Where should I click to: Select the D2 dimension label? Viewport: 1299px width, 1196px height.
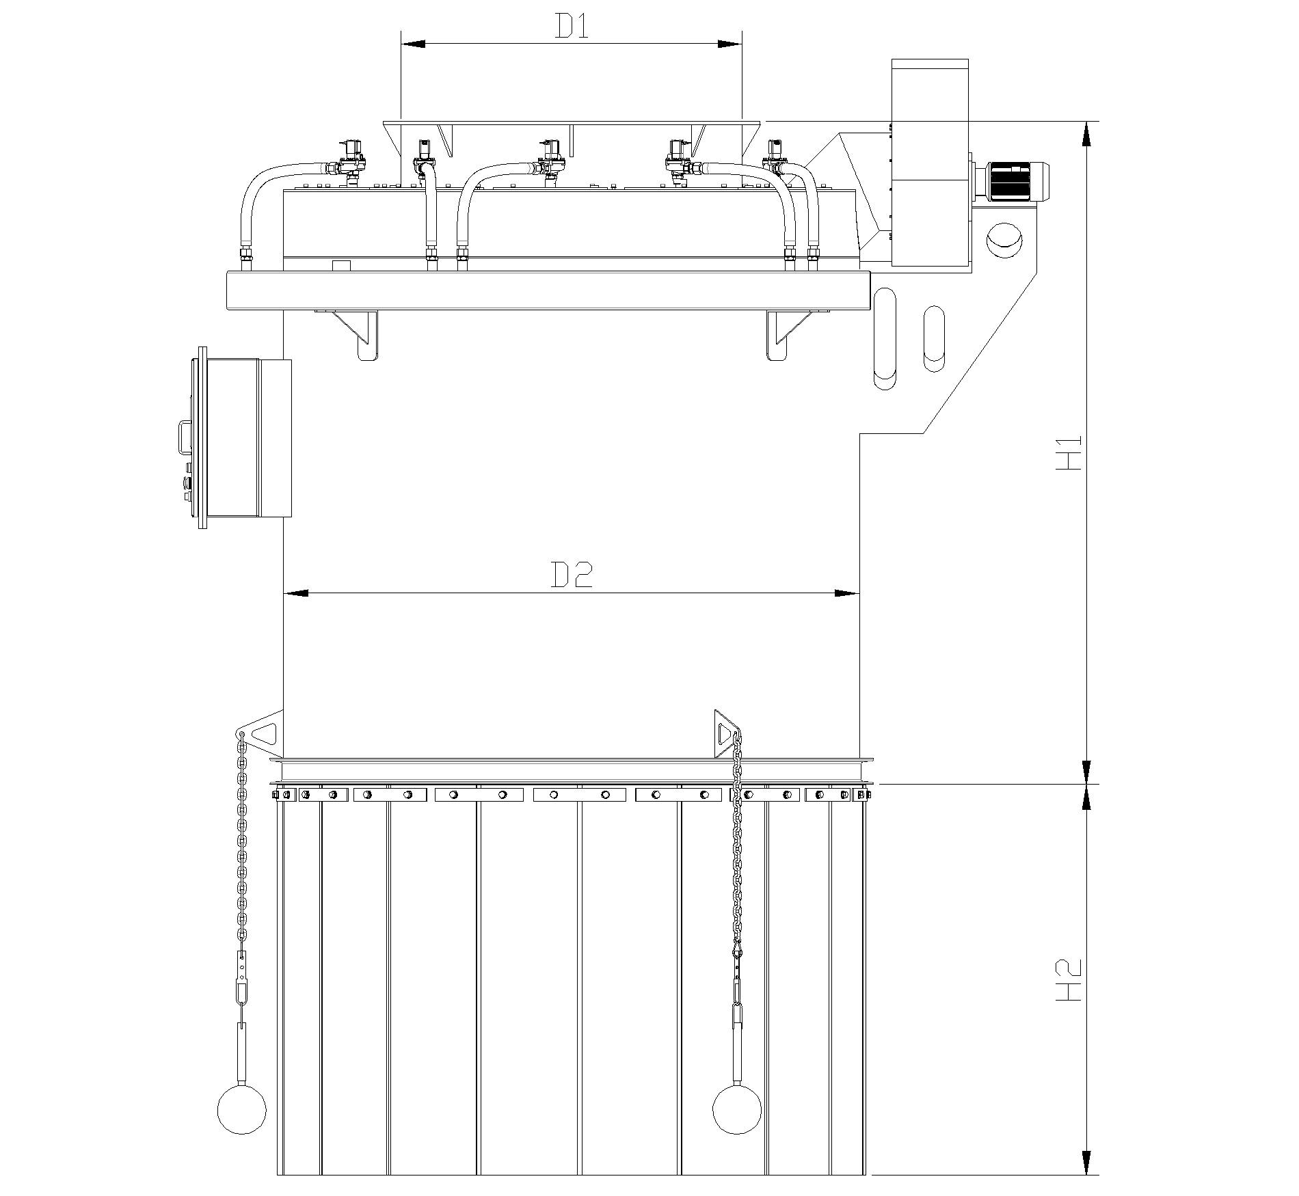572,576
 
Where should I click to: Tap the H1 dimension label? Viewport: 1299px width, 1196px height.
1069,452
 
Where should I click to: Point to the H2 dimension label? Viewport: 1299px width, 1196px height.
1069,982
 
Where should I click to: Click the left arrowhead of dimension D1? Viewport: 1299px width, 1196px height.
413,44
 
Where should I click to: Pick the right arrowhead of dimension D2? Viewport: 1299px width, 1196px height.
846,593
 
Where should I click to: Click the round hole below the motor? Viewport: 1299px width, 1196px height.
1004,240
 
